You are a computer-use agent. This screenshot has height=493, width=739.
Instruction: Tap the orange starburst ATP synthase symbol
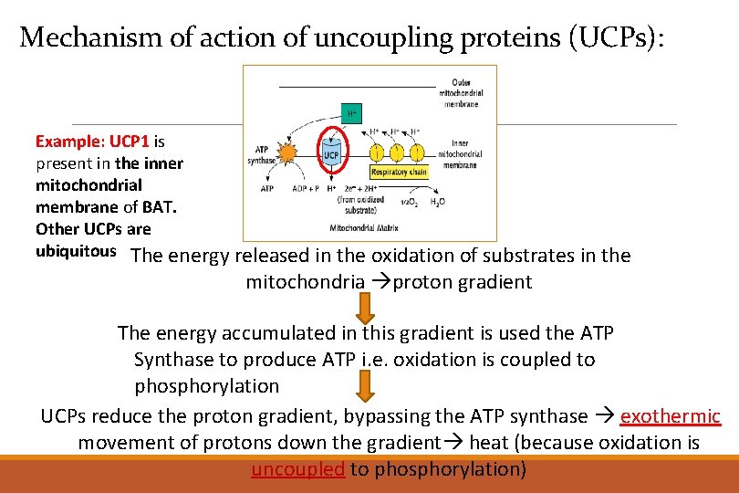tap(287, 152)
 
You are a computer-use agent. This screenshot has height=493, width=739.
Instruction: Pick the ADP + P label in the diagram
tap(305, 189)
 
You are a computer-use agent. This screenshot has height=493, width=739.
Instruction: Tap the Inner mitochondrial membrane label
tap(466, 154)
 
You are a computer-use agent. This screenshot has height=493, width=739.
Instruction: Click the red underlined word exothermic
tap(670, 416)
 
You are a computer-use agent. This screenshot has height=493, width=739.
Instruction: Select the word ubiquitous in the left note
tap(76, 250)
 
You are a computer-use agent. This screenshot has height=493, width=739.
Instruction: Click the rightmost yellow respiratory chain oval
tap(416, 151)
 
